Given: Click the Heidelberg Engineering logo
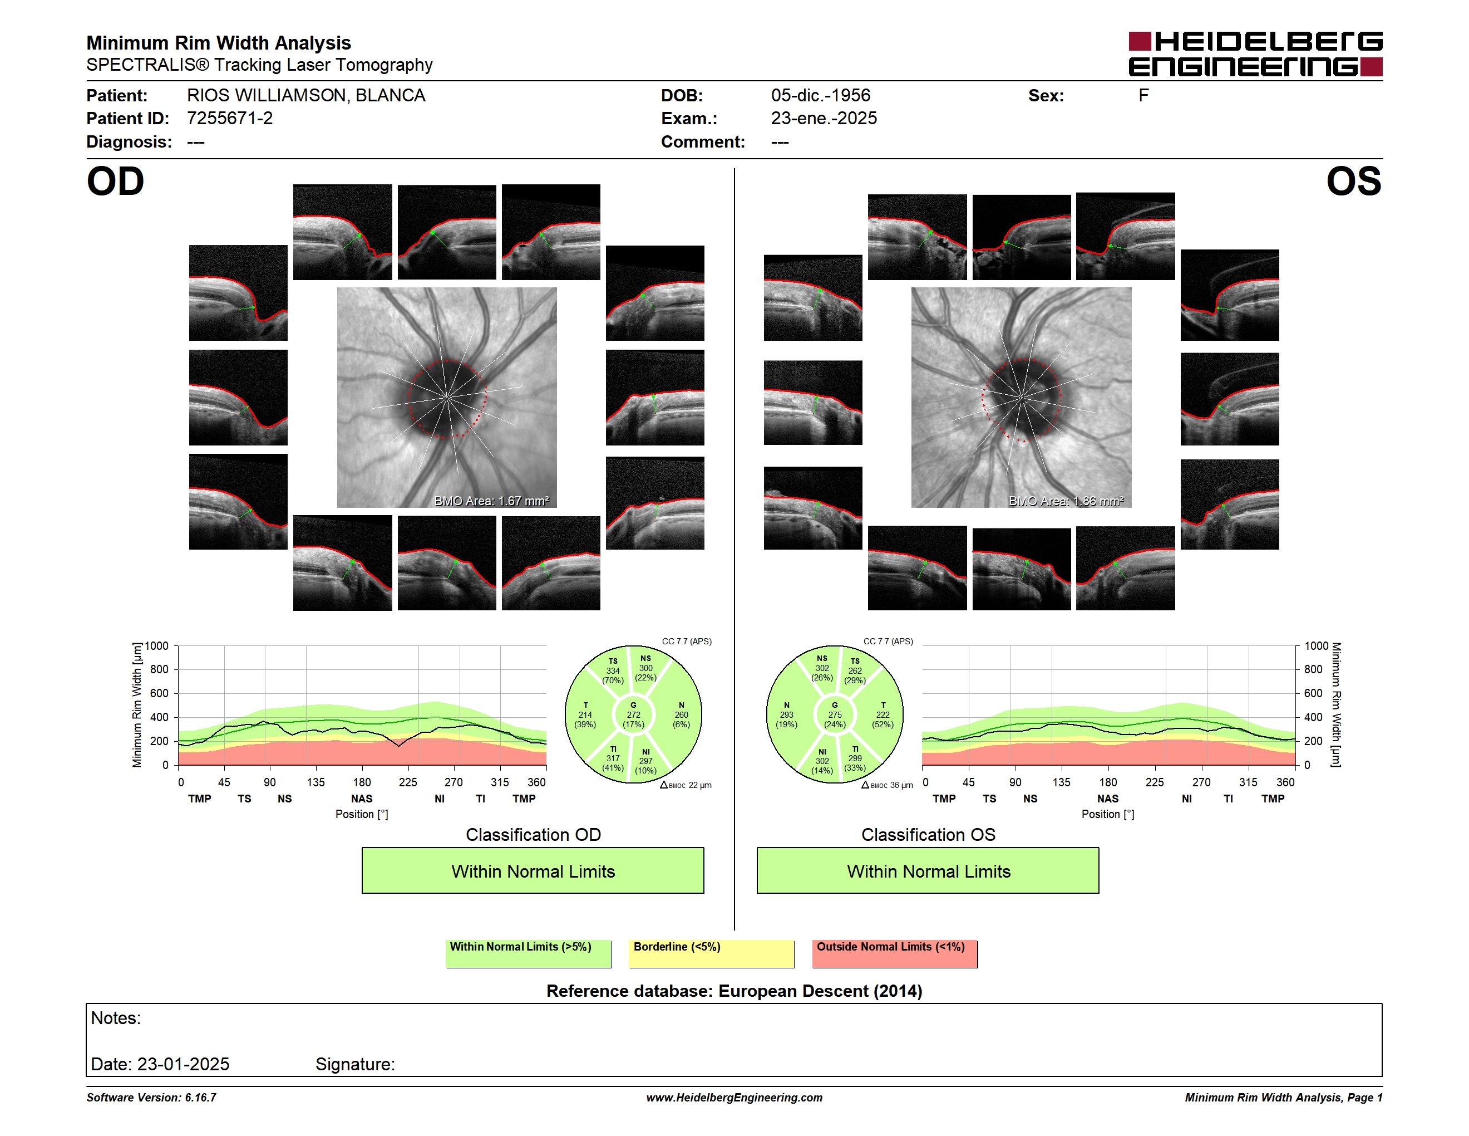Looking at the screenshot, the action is coord(1255,54).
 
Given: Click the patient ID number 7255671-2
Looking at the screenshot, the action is coord(229,119).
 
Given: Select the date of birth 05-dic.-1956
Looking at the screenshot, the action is coord(820,96).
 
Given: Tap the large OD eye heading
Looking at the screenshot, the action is coord(115,181).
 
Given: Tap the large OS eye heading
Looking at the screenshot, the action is coord(1353,181).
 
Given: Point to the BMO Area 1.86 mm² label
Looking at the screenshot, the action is coord(1066,501).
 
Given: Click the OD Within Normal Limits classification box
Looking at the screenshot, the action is coord(533,870).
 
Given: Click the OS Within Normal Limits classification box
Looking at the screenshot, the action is coord(928,870).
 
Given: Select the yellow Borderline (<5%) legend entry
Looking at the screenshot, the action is coord(711,953).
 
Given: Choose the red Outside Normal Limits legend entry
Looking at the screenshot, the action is coord(895,953).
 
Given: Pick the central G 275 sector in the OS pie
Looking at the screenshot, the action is coord(835,714).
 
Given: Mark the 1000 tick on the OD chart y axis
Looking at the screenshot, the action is coord(156,646).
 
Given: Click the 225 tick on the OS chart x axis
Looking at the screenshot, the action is coord(1154,782).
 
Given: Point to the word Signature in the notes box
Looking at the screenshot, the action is coord(354,1064).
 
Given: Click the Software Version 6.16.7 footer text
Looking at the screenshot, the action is coord(151,1098).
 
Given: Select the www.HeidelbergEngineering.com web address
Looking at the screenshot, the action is coord(734,1098).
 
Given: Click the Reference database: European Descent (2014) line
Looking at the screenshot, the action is coord(734,991).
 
